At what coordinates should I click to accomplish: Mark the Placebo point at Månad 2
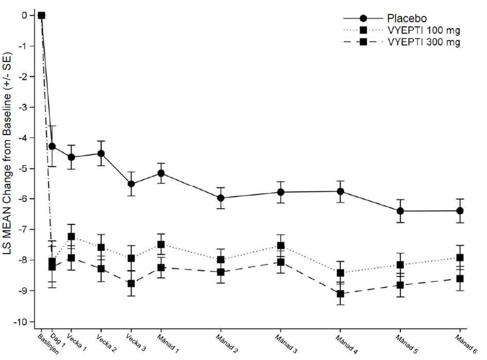point(221,198)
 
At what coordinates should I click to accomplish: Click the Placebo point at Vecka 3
point(131,184)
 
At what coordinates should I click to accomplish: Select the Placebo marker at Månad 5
point(400,211)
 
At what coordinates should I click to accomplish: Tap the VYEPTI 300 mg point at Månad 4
point(340,294)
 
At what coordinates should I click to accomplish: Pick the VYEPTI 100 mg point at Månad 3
point(281,246)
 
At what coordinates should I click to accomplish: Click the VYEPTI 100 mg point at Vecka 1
point(72,236)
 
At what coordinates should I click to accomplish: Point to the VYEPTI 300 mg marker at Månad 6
point(460,279)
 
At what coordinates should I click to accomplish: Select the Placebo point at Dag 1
point(52,146)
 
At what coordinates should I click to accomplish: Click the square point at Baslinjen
point(42,15)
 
